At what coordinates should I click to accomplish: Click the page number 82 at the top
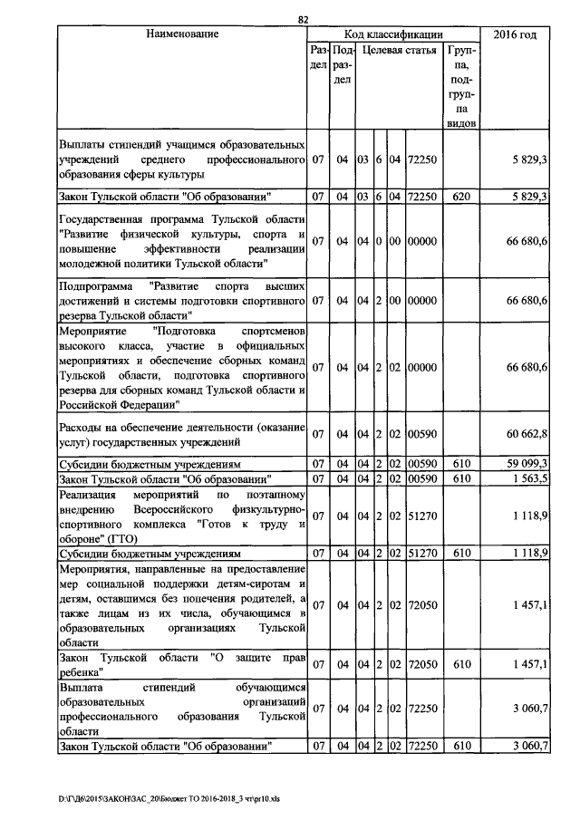point(303,20)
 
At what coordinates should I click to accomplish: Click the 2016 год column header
point(514,34)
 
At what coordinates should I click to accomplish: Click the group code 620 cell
point(461,196)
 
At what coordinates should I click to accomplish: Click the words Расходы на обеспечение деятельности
point(145,427)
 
